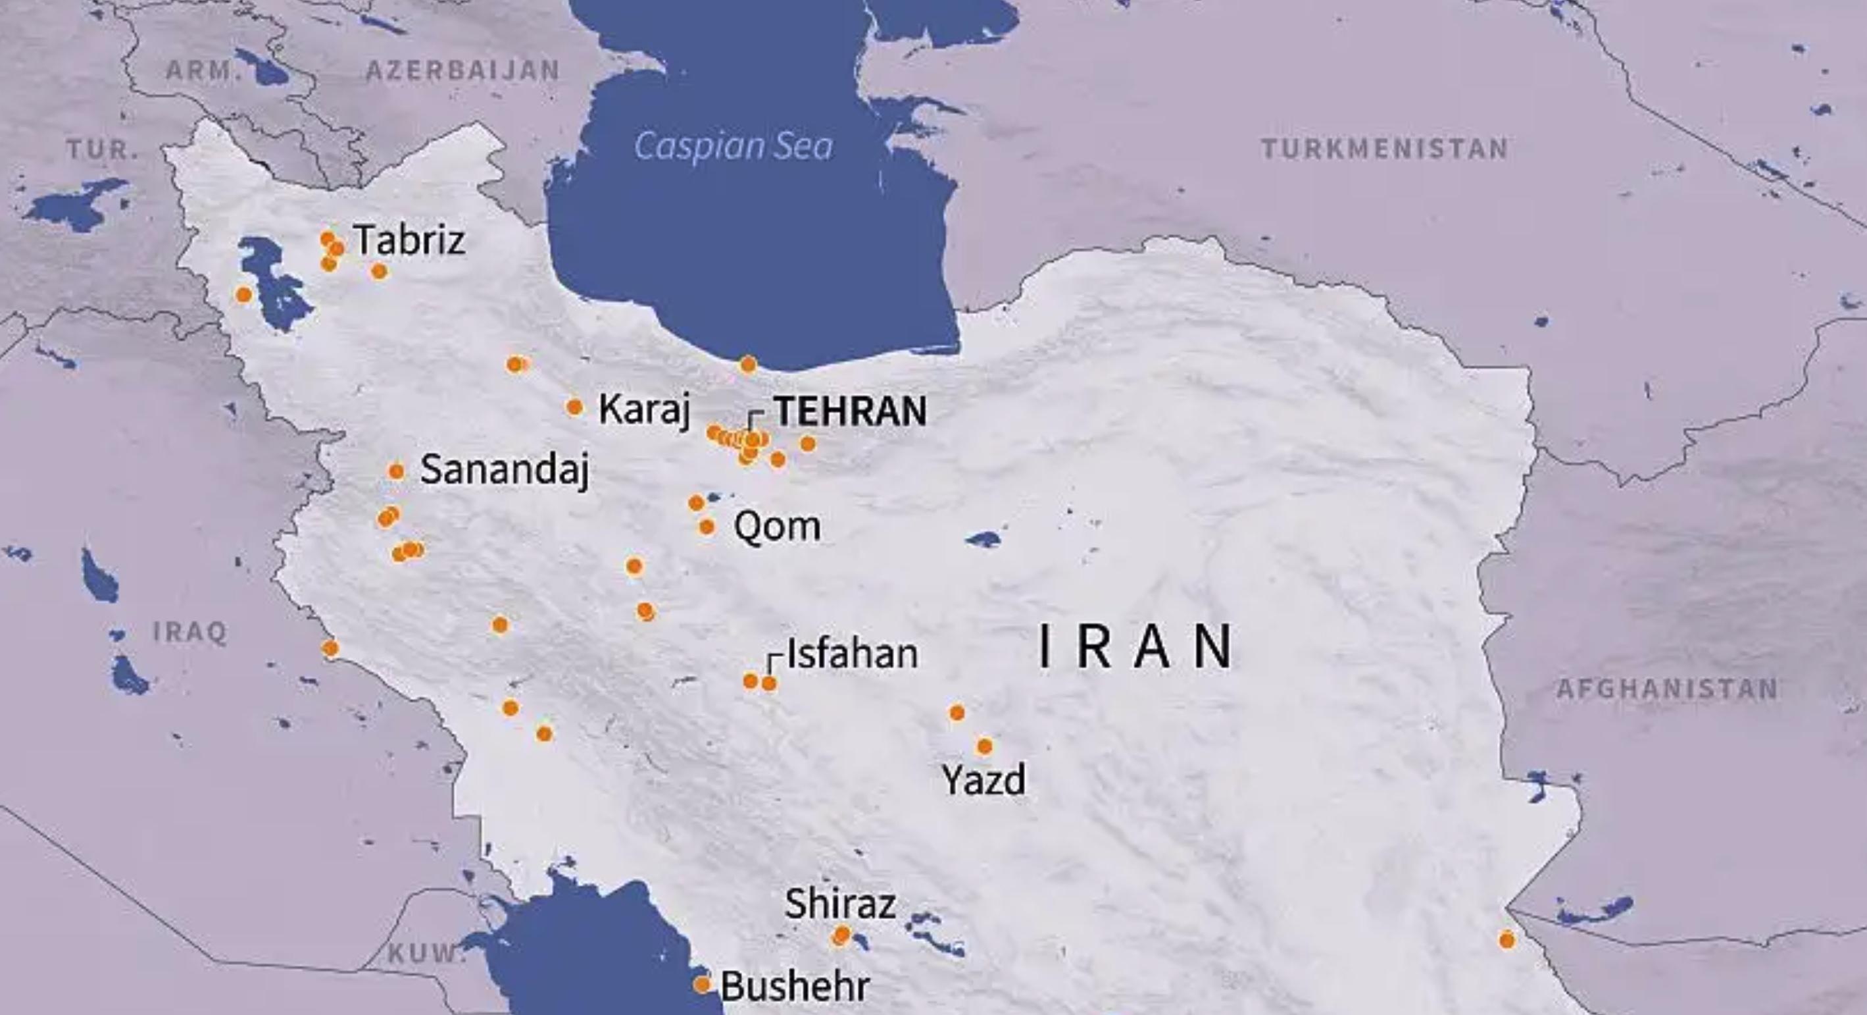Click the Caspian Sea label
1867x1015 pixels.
[734, 146]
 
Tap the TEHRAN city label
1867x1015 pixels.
[850, 411]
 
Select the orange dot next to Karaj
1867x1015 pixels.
[574, 407]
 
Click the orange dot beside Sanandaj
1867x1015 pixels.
[396, 472]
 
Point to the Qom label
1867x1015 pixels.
[777, 527]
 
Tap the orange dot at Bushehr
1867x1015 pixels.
[701, 985]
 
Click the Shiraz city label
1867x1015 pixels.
[840, 904]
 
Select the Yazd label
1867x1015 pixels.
[983, 780]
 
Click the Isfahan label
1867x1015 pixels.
[853, 654]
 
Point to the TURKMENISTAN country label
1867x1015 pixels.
[1384, 149]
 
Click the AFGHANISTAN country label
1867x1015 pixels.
[1667, 689]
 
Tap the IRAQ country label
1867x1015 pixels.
[190, 632]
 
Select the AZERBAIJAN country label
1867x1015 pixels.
[462, 70]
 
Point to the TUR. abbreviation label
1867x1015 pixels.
[102, 150]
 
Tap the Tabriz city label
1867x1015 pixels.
[409, 240]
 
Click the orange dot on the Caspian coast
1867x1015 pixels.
[748, 364]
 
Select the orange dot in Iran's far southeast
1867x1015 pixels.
[1506, 939]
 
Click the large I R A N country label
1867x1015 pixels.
[1135, 648]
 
